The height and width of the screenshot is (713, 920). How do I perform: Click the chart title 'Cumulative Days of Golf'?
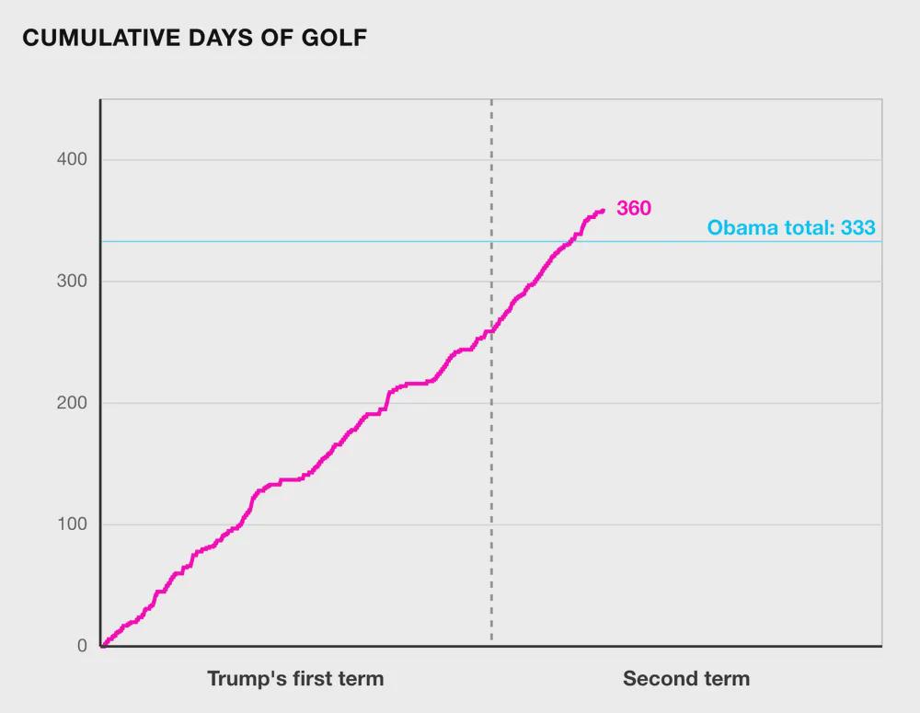point(193,38)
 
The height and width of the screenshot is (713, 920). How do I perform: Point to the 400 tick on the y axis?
point(69,160)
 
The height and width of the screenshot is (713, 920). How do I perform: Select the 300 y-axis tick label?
point(69,282)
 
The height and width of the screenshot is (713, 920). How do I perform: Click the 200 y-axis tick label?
point(69,403)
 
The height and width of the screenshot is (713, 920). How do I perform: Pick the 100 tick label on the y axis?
point(69,524)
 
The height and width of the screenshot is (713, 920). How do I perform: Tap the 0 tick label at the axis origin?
point(82,646)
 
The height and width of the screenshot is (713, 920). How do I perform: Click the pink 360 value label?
point(634,209)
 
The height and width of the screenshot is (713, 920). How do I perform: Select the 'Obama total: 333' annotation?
point(790,228)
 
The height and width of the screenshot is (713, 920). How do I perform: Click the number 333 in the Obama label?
point(857,228)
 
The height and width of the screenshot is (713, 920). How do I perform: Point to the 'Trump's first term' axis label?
point(295,679)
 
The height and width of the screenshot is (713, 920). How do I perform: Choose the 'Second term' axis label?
point(685,679)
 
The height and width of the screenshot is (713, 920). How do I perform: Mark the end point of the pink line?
point(603,211)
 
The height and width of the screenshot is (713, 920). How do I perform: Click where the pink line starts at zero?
point(102,645)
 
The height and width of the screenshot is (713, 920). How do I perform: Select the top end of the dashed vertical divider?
point(491,101)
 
